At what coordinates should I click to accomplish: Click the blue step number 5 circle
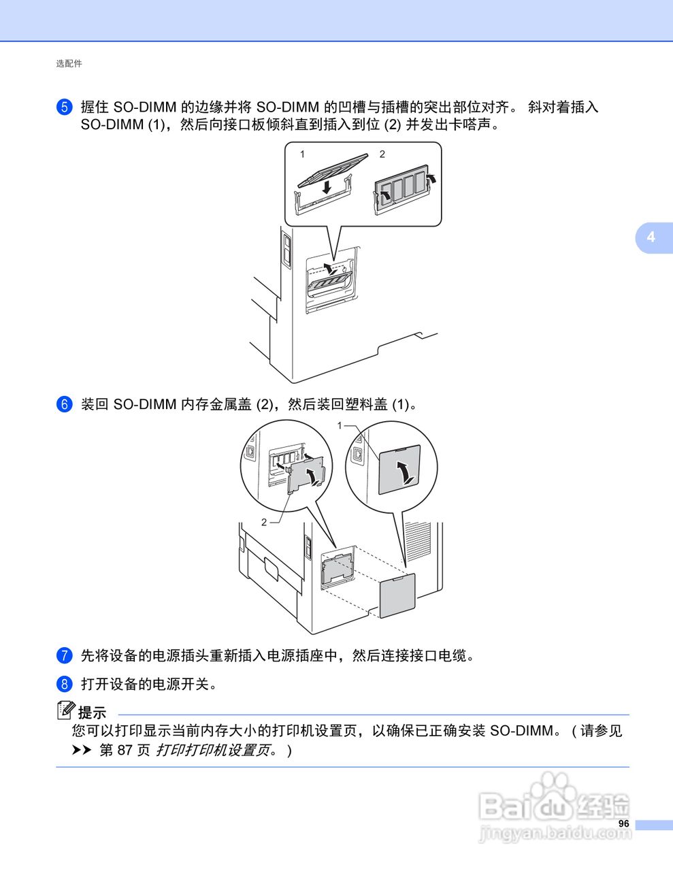pos(64,107)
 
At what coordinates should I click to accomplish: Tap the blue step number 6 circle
pos(64,404)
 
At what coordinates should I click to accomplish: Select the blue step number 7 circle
pos(64,655)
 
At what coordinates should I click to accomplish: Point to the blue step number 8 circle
pos(64,683)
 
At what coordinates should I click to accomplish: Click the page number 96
pos(623,824)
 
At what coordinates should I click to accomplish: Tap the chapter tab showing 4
pos(651,237)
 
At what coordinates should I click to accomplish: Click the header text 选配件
pos(69,63)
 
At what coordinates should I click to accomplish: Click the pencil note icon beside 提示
pos(65,710)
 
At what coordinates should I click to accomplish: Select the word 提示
pos(93,713)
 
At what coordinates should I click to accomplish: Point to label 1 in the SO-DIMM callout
pos(303,154)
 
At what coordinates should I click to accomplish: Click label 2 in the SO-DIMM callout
pos(382,154)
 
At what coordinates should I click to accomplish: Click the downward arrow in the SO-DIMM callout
pos(327,186)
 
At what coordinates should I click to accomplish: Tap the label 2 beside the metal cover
pos(264,521)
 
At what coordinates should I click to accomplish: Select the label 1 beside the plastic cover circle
pos(340,425)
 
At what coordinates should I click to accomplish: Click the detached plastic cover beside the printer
pos(397,595)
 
